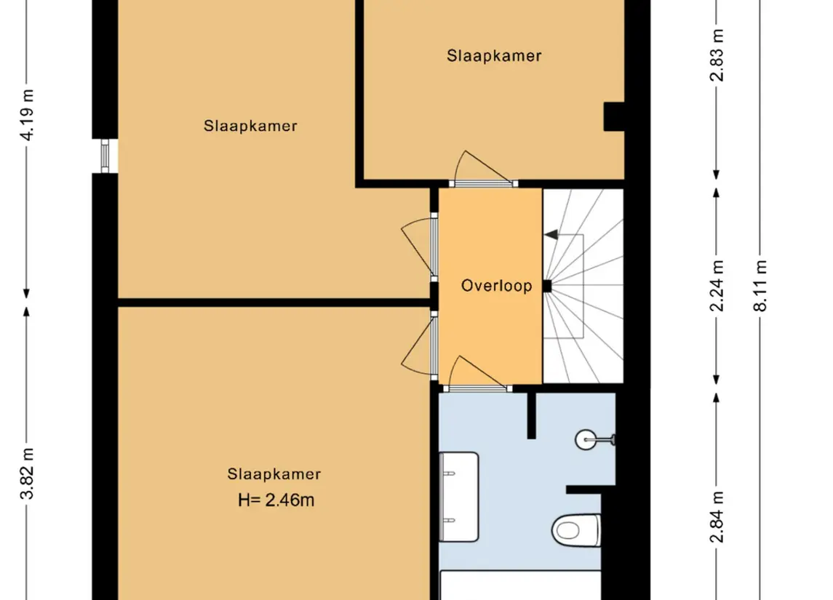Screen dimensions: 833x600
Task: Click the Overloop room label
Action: pyautogui.click(x=496, y=286)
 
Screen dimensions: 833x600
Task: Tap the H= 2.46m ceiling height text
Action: pyautogui.click(x=276, y=500)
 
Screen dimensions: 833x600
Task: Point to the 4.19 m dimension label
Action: pyautogui.click(x=27, y=114)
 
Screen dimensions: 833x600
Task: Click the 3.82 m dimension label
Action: pyautogui.click(x=27, y=473)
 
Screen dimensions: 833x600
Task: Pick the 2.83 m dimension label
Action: pyautogui.click(x=717, y=55)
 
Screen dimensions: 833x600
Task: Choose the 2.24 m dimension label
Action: pyautogui.click(x=717, y=286)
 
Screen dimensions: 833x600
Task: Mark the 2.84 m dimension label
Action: pyautogui.click(x=717, y=517)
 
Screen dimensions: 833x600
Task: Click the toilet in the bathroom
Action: pyautogui.click(x=576, y=530)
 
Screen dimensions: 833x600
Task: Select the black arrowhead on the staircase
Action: pyautogui.click(x=551, y=234)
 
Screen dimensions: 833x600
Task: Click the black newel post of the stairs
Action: pyautogui.click(x=546, y=287)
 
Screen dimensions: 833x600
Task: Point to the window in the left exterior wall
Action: pyautogui.click(x=105, y=156)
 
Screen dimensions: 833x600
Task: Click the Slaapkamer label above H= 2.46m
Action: pyautogui.click(x=274, y=473)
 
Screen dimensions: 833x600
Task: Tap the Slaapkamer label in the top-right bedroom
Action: pyautogui.click(x=494, y=56)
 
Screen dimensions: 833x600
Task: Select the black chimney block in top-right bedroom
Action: pyautogui.click(x=614, y=116)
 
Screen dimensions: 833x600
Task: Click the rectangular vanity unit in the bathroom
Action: pyautogui.click(x=459, y=497)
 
